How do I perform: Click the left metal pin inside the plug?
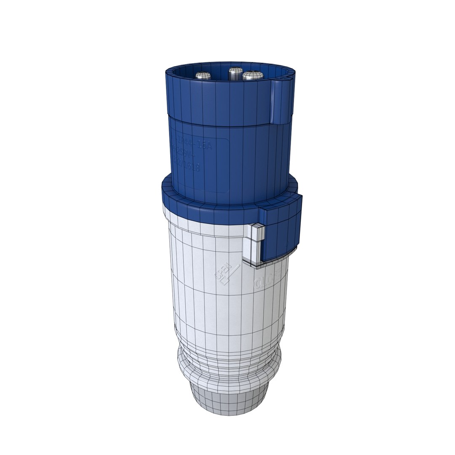203,76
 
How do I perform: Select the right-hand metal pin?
253,76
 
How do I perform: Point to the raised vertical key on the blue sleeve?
278,102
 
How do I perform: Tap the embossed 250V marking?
185,154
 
